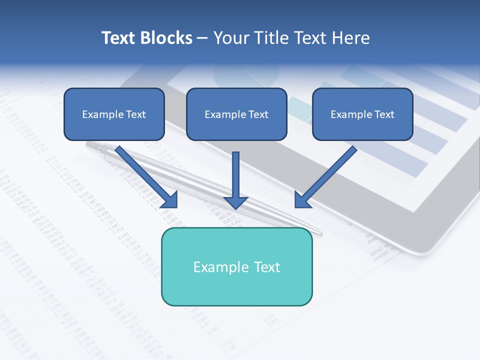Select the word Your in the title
(x=230, y=38)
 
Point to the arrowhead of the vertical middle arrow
(x=235, y=202)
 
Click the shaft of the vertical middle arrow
(x=235, y=172)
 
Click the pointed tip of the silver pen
(x=320, y=232)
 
